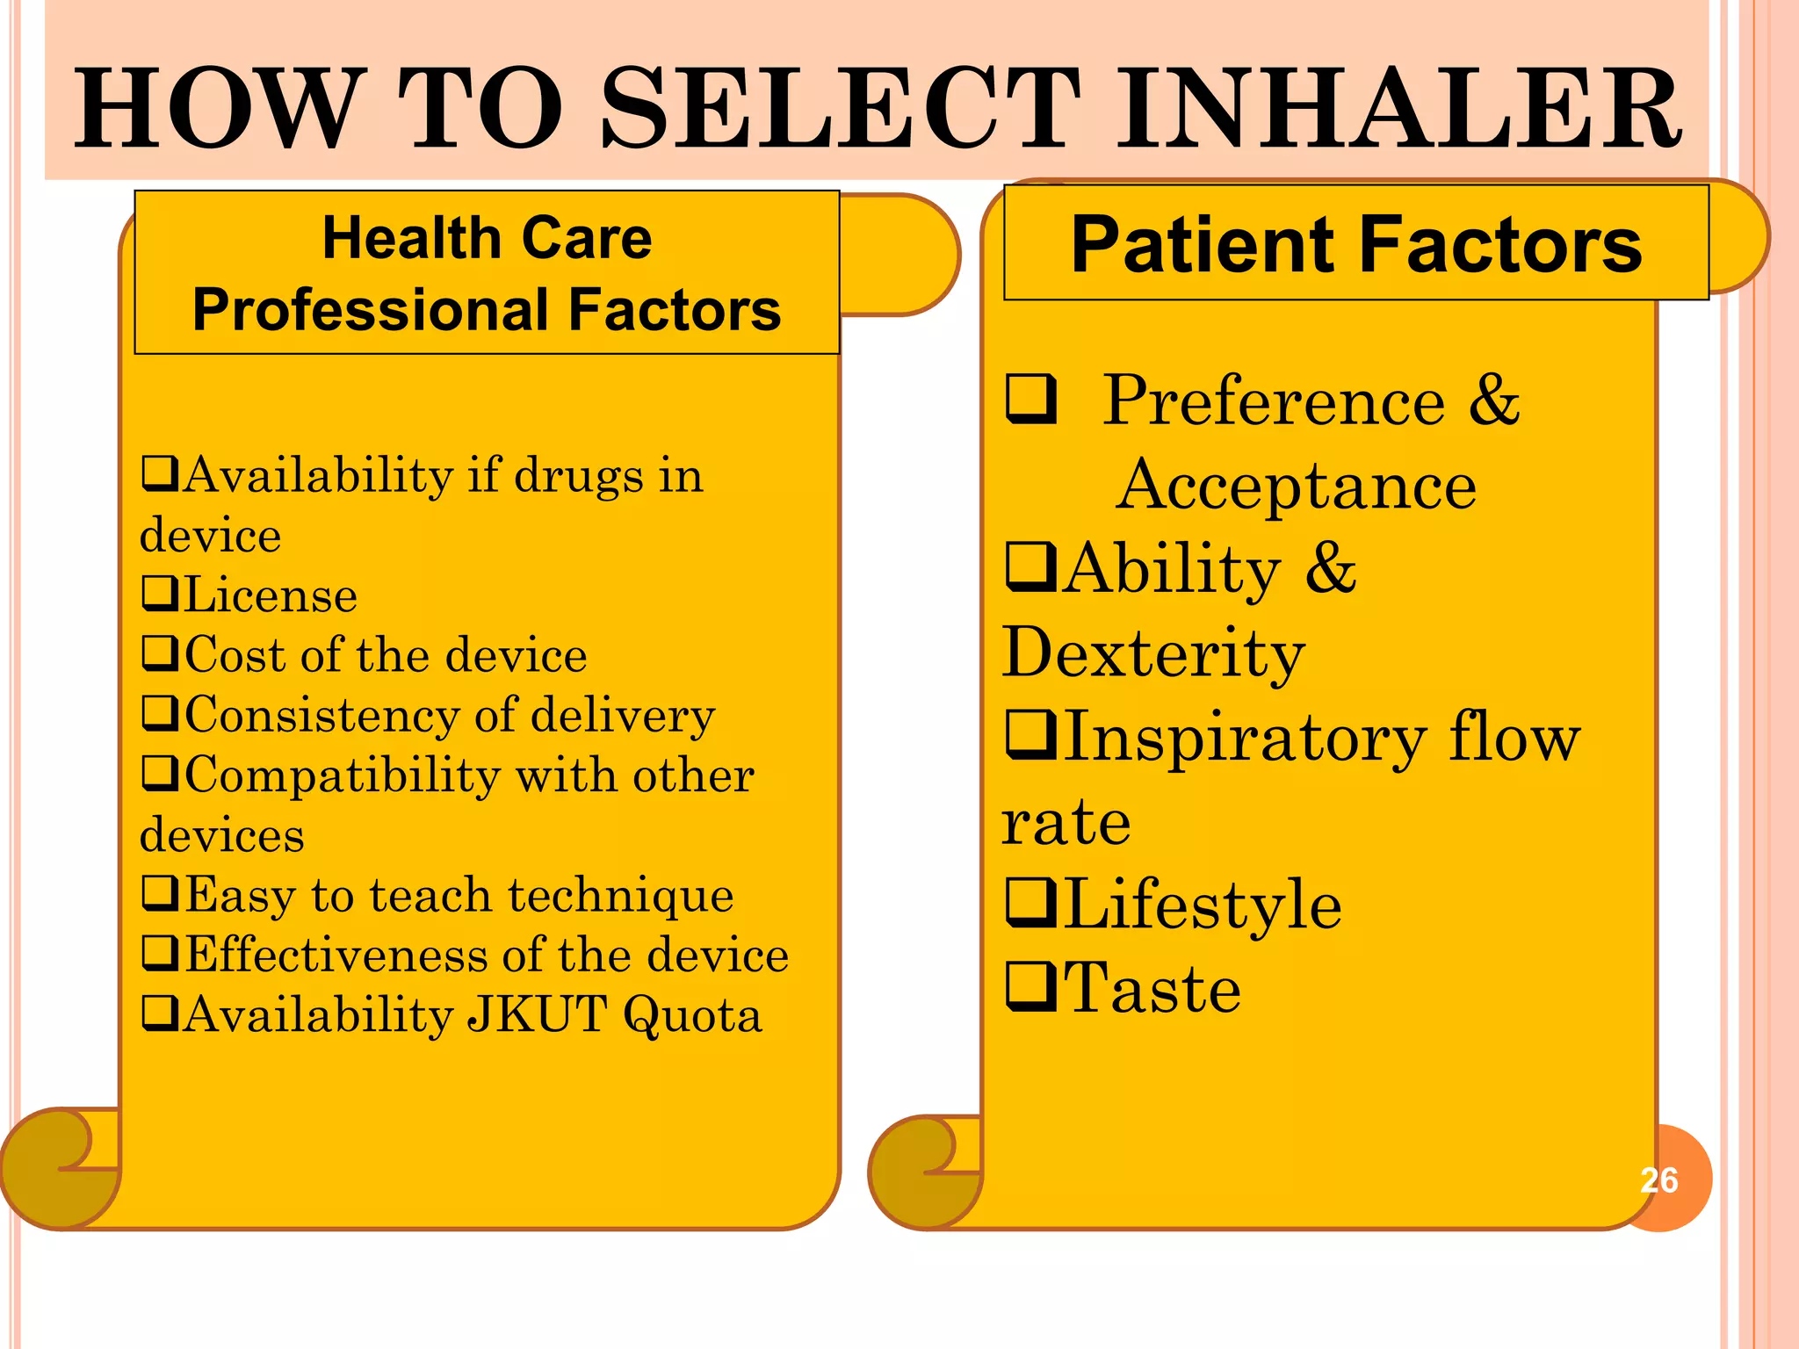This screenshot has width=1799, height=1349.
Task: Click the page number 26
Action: coord(1659,1180)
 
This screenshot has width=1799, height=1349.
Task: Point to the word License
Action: coord(271,595)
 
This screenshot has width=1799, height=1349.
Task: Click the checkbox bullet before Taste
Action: coord(1031,987)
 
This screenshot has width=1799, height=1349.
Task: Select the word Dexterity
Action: coord(1153,653)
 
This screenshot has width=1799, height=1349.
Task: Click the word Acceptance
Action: coord(1297,485)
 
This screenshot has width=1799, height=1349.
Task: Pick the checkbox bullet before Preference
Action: coord(1031,400)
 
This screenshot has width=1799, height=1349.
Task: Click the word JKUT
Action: coord(537,1014)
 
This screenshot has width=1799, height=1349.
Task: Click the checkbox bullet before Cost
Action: coord(161,654)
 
